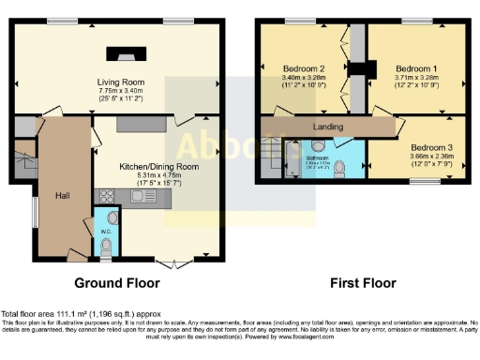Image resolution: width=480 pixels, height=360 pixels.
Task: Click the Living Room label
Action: point(119,82)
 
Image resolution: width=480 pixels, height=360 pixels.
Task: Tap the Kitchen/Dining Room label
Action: point(157,166)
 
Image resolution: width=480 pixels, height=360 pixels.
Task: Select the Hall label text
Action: point(62,195)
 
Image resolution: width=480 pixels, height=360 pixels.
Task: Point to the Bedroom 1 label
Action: point(412,68)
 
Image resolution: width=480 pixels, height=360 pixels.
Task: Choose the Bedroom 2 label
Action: point(303,68)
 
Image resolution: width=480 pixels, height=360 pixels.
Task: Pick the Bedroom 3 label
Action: point(429,147)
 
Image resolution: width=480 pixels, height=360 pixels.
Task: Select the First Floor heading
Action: point(364,283)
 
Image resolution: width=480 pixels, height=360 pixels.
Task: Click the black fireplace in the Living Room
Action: point(119,52)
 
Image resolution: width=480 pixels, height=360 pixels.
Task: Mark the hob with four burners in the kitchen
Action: point(106,196)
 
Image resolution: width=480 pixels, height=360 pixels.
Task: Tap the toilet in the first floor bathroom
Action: point(349,168)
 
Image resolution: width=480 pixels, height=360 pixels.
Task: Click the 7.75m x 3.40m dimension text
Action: point(119,92)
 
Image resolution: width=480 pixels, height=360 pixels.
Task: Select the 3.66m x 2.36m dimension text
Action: point(429,157)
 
